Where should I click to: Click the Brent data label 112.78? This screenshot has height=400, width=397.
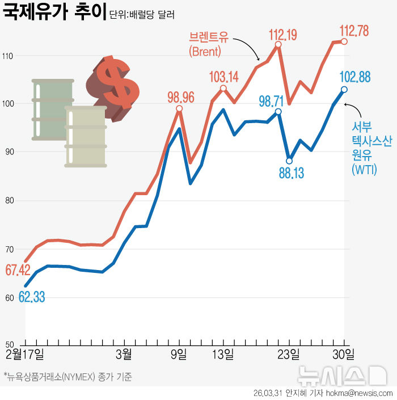tap(354, 30)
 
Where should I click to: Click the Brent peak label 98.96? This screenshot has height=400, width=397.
tap(180, 97)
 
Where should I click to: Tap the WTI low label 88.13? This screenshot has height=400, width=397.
tap(291, 172)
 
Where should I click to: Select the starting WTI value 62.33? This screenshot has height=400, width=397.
tap(32, 296)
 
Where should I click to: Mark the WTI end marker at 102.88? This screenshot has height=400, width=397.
tap(344, 90)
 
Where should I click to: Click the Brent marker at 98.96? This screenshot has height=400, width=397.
tap(179, 109)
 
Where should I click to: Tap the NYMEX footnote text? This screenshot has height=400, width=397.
tap(67, 377)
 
